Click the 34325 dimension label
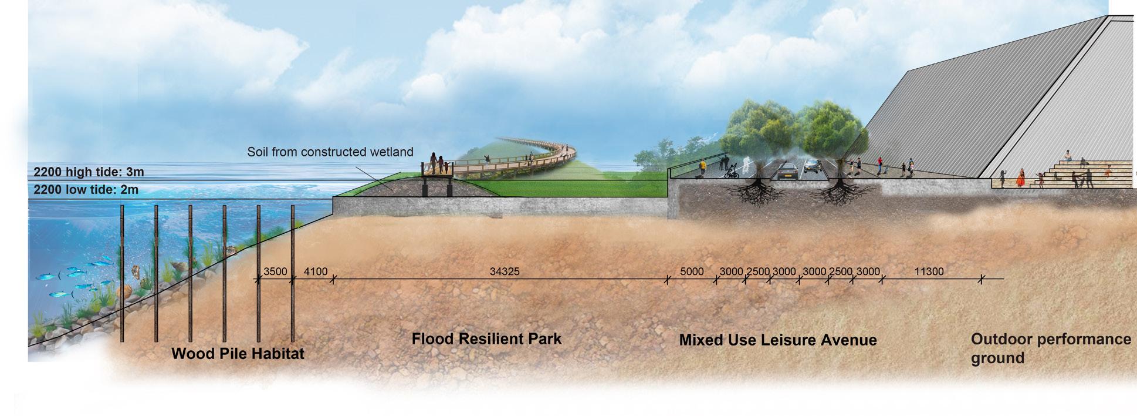click(x=505, y=271)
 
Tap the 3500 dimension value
click(x=275, y=271)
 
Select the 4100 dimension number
click(x=315, y=271)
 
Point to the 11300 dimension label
click(x=929, y=271)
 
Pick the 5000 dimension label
click(x=692, y=271)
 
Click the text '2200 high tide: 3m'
click(x=89, y=172)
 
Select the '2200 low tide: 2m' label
click(x=86, y=190)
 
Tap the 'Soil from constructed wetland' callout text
click(x=330, y=152)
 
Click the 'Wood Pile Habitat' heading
click(x=238, y=354)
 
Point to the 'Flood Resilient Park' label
click(x=486, y=339)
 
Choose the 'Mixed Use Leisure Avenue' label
click(x=778, y=340)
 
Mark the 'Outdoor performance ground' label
click(x=1050, y=348)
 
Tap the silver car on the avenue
click(x=812, y=166)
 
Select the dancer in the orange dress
click(x=1021, y=177)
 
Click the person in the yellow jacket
click(x=702, y=169)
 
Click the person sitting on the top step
click(x=1067, y=156)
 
